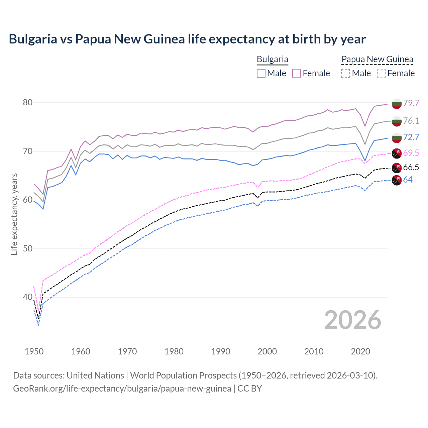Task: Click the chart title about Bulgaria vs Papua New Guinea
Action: [x=187, y=39]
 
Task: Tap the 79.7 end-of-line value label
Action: [x=411, y=103]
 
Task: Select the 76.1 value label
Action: [x=411, y=121]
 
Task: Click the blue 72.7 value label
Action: [x=411, y=137]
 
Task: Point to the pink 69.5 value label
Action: [x=411, y=153]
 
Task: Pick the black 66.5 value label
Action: [x=411, y=168]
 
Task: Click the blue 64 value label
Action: [x=408, y=180]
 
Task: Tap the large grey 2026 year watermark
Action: [x=352, y=320]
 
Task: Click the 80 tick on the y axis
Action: [x=28, y=102]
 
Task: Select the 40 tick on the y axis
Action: [x=28, y=297]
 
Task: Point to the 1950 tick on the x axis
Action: [x=34, y=351]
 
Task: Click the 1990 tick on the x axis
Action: [x=221, y=351]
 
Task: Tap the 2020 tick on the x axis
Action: [x=360, y=351]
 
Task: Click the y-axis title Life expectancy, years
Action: [x=14, y=214]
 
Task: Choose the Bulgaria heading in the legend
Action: [x=272, y=59]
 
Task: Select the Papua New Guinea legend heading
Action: [x=377, y=59]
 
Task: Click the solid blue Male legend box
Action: [x=261, y=73]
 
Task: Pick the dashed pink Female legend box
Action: [x=382, y=73]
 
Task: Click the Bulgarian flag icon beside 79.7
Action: [x=397, y=103]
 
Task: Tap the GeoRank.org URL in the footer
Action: [x=122, y=389]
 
